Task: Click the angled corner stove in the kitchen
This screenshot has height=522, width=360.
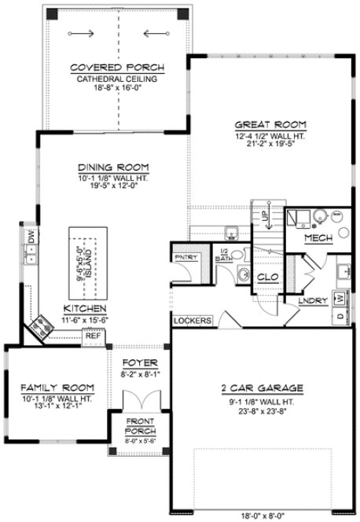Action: (x=40, y=329)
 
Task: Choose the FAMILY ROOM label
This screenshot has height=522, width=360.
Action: (x=57, y=388)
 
